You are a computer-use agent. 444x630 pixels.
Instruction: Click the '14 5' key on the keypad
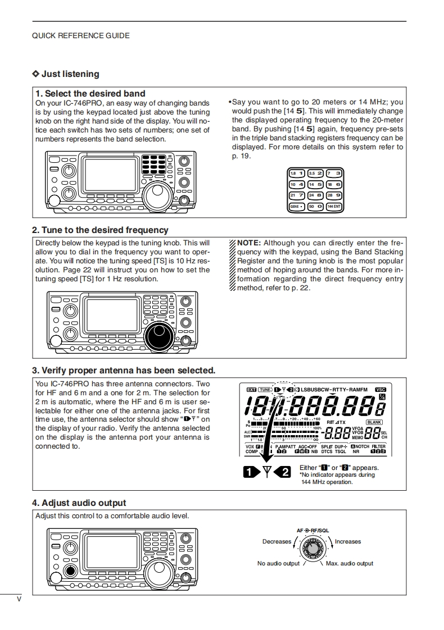pos(315,184)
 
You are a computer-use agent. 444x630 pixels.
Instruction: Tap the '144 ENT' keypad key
pos(334,206)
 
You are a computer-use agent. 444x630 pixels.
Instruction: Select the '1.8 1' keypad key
pos(297,173)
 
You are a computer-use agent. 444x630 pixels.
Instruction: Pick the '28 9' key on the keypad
pos(334,195)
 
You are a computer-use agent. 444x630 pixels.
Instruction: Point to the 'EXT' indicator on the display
pos(251,390)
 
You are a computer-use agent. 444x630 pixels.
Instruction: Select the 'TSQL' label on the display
pos(341,451)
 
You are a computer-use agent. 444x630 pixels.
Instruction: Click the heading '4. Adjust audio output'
pos(79,503)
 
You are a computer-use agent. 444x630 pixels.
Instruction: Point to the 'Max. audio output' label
pos(349,563)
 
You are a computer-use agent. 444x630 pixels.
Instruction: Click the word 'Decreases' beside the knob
pos(277,542)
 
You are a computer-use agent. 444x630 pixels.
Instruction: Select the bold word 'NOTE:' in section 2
pos(249,243)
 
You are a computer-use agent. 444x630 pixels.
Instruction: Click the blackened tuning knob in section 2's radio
pos(160,336)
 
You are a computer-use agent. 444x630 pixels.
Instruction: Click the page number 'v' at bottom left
pos(19,599)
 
